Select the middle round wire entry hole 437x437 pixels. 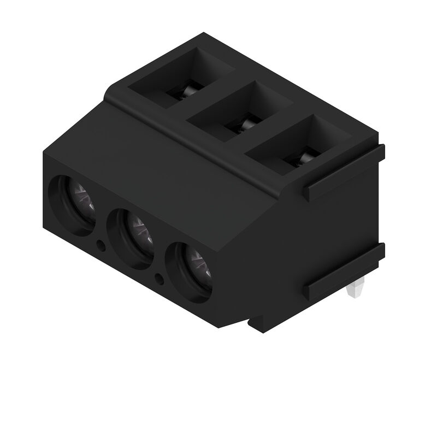click(x=131, y=238)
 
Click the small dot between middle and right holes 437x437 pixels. click(x=160, y=279)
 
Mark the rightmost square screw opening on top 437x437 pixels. click(x=299, y=145)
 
